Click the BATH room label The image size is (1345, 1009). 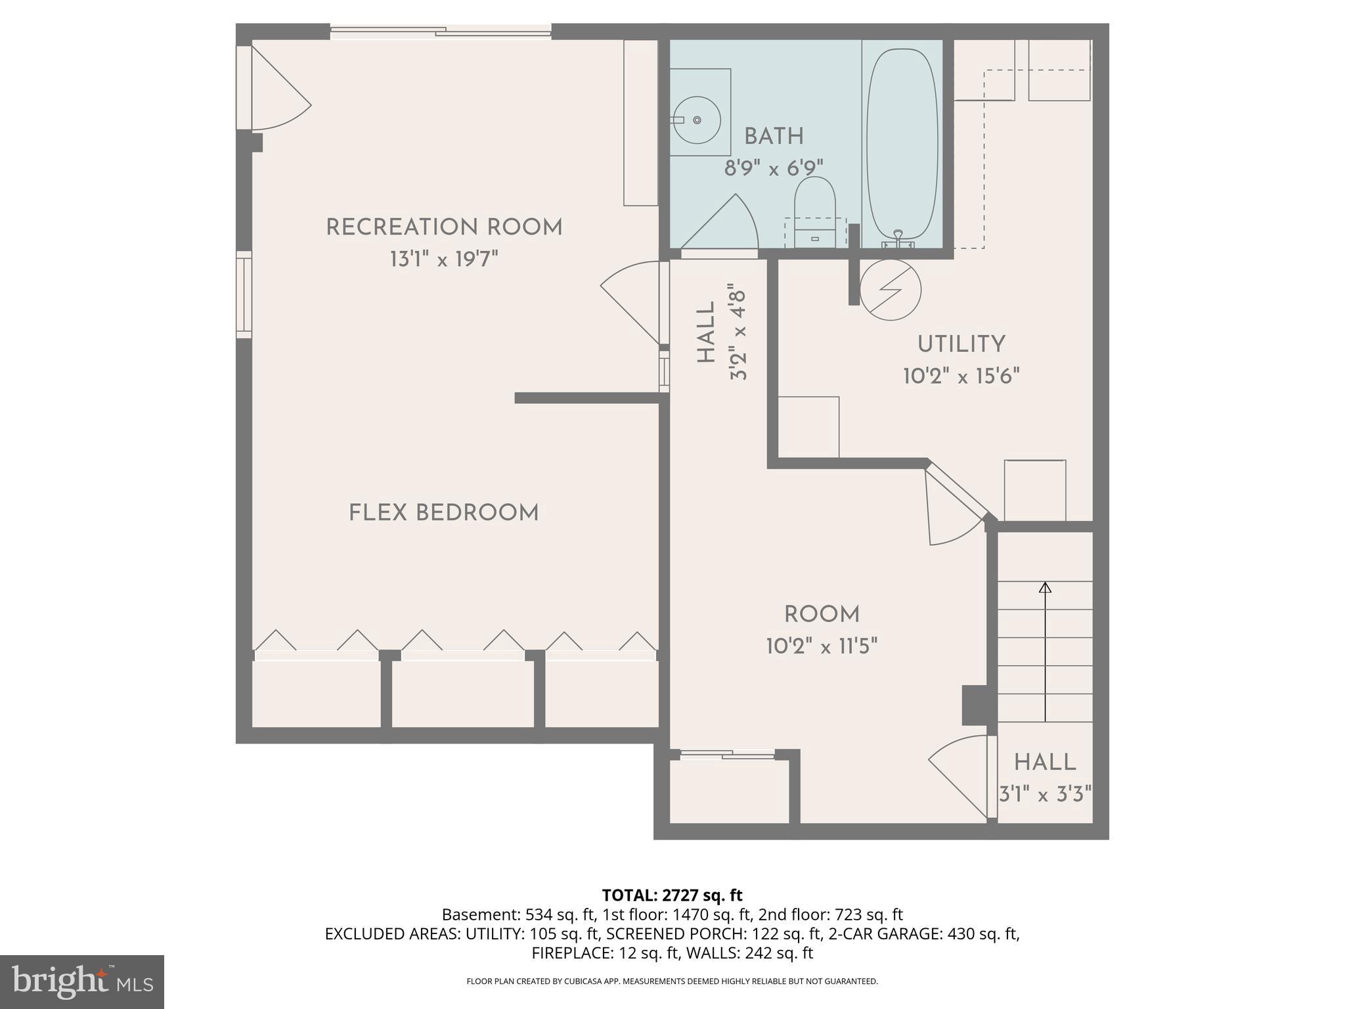tap(774, 137)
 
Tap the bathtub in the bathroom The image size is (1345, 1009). tap(902, 145)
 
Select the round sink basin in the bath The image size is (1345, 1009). tap(697, 120)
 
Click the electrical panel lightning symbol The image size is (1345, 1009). tap(891, 290)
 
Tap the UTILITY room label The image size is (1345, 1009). tap(961, 344)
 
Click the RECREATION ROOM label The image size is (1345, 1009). tap(445, 227)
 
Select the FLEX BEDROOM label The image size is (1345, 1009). tap(444, 513)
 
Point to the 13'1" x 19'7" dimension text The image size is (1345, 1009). tap(445, 259)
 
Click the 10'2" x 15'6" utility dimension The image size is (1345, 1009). tap(961, 376)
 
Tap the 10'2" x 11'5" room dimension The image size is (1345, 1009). tap(822, 646)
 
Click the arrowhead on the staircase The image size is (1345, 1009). tap(1045, 587)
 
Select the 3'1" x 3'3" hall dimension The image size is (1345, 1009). tap(1045, 795)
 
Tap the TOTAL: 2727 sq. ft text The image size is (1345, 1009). tap(672, 895)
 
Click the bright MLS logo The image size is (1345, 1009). tap(82, 981)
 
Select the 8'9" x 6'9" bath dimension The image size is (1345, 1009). tap(774, 169)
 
